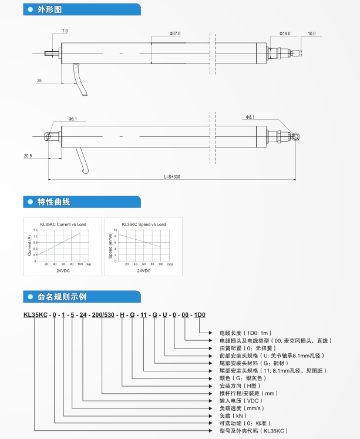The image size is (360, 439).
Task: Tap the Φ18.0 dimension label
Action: pos(285,33)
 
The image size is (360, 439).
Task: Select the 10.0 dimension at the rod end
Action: pos(311,33)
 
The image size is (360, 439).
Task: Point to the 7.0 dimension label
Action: pos(65,30)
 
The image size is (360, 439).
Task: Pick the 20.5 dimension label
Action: pos(28,156)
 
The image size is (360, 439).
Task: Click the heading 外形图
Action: pos(49,10)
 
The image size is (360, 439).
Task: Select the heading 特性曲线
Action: pos(53,202)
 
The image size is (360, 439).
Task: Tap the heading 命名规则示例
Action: pos(62,296)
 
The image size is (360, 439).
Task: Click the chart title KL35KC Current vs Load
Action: pos(63,224)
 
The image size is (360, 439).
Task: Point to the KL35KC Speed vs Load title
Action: pos(144,224)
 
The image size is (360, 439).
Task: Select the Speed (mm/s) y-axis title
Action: pos(110,245)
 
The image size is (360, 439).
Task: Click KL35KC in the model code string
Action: pos(35,315)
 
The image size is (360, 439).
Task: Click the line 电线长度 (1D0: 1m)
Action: pos(246,333)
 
